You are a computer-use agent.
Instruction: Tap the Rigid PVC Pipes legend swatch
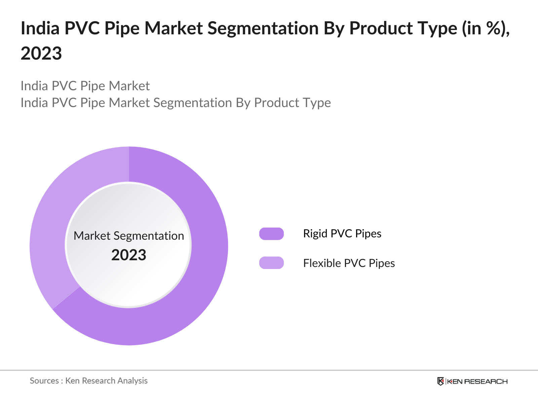point(271,234)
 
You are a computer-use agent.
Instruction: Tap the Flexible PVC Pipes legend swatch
point(271,263)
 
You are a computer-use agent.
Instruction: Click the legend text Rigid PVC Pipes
point(342,234)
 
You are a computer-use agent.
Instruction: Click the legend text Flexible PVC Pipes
point(349,263)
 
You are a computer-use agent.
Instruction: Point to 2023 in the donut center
point(129,255)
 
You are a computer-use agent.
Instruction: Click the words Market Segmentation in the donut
point(129,236)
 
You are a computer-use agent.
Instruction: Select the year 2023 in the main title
point(41,54)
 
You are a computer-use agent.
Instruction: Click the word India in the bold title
point(40,28)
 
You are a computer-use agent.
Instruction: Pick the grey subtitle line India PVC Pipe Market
point(85,86)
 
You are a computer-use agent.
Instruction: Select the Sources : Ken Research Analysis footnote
point(89,381)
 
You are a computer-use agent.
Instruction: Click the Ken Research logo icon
point(440,381)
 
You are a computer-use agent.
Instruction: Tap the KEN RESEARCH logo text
point(477,381)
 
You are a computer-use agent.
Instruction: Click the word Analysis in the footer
point(132,381)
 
